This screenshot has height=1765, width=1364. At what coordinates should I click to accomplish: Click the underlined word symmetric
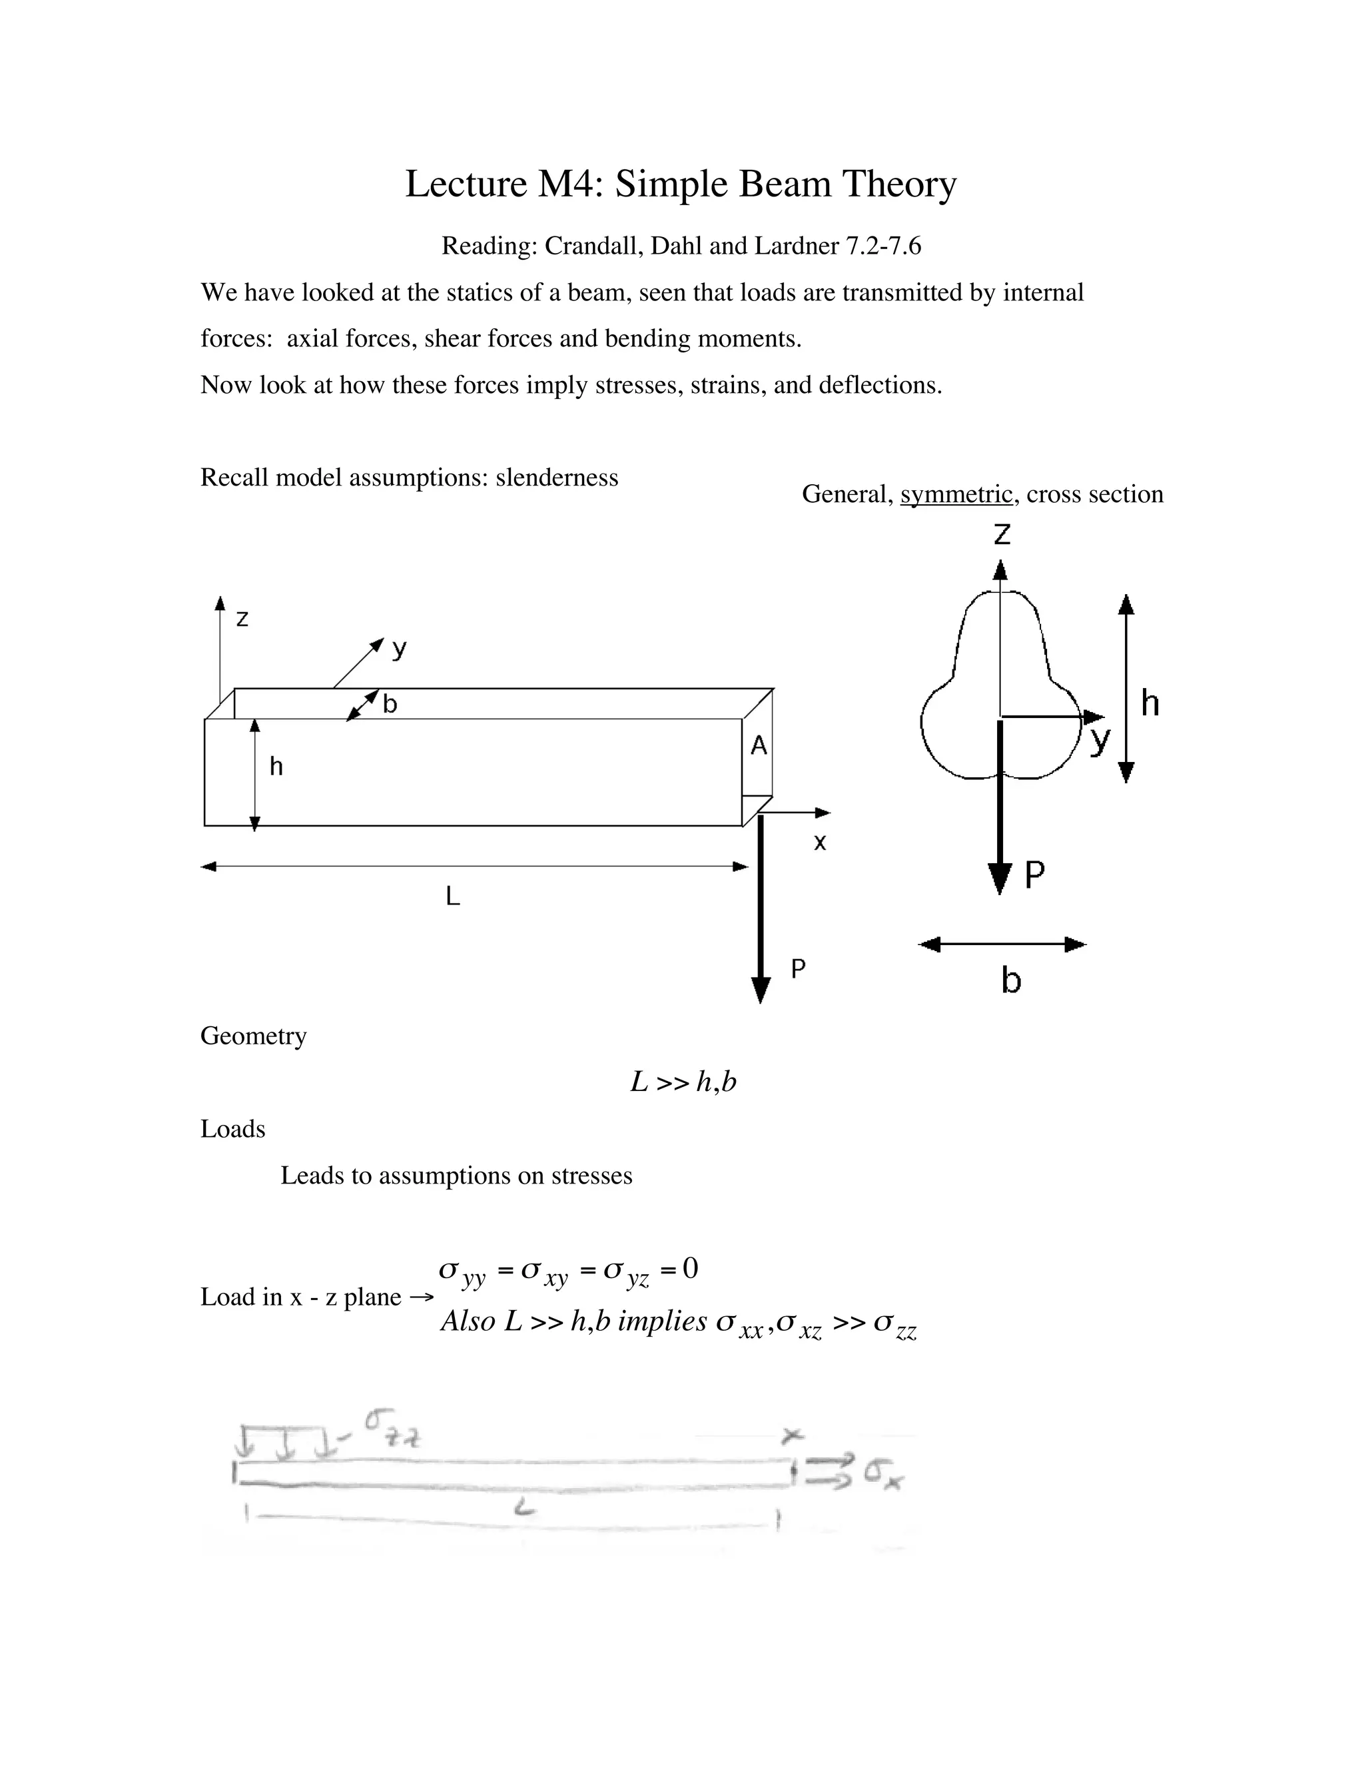[x=956, y=494]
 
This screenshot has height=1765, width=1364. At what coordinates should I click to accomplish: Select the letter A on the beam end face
[x=758, y=745]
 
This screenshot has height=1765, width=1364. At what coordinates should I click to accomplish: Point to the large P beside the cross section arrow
[x=1034, y=875]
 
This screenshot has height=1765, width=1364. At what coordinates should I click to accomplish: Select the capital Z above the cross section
[x=1001, y=534]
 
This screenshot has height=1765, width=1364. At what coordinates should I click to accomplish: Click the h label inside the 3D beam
[x=276, y=766]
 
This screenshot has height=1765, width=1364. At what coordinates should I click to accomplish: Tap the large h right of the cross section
[x=1150, y=703]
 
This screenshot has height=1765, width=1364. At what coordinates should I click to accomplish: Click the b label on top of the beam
[x=390, y=704]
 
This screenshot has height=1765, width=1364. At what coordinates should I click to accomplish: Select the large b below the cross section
[x=1011, y=980]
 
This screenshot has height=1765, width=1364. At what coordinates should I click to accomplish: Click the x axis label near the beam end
[x=819, y=843]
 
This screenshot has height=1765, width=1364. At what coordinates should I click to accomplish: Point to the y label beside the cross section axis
[x=1100, y=739]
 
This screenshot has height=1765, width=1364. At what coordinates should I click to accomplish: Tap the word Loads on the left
[x=232, y=1129]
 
